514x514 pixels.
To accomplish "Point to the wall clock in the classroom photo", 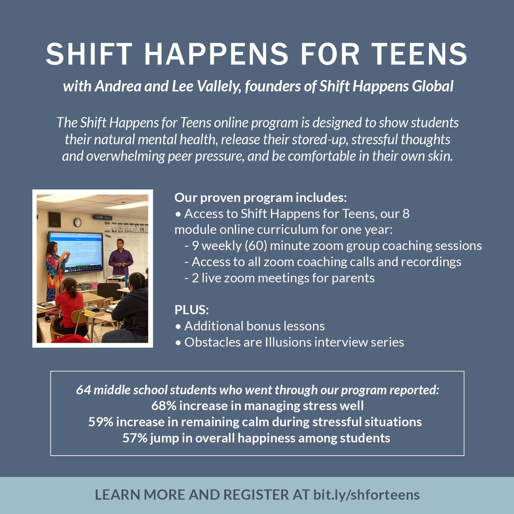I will [78, 222].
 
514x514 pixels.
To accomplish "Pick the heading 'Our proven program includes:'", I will [260, 198].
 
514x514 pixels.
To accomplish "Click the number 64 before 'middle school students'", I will [83, 390].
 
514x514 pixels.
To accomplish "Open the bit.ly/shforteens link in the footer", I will [366, 495].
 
